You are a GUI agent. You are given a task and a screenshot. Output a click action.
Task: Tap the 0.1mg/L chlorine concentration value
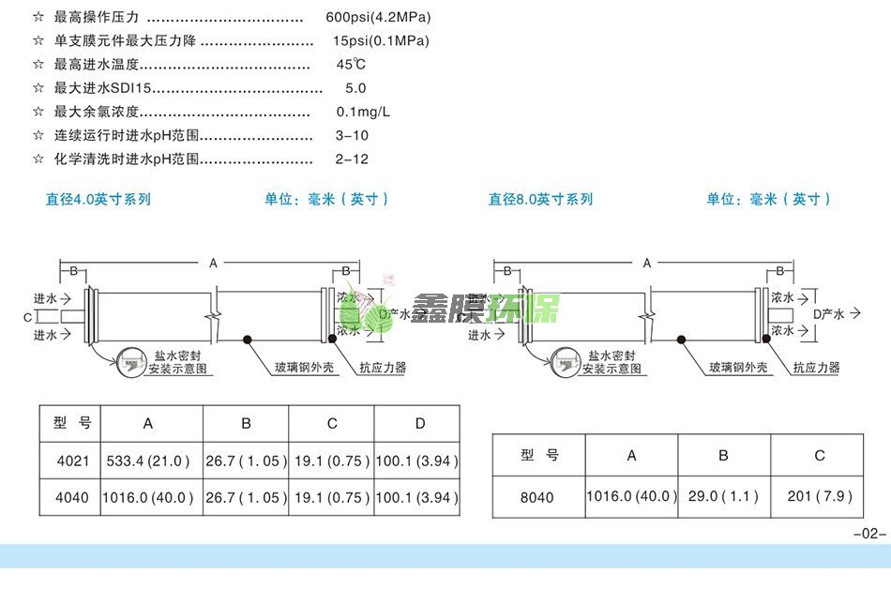click(x=363, y=112)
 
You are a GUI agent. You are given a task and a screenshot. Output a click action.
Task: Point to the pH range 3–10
click(x=352, y=136)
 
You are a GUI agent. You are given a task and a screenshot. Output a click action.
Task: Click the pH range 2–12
click(x=352, y=159)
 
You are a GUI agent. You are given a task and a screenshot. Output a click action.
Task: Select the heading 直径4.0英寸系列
click(x=98, y=199)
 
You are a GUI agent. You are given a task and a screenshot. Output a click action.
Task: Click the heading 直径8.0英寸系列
click(x=540, y=199)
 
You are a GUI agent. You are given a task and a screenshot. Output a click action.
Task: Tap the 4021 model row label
click(x=69, y=461)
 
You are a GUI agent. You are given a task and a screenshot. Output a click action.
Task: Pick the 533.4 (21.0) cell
click(x=150, y=461)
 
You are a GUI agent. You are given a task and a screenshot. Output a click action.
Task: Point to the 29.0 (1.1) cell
click(x=723, y=496)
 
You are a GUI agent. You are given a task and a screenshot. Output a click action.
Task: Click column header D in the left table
click(x=420, y=424)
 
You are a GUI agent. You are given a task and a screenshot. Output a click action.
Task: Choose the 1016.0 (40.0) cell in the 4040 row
click(x=150, y=498)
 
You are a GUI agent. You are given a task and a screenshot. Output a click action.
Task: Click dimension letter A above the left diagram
click(x=214, y=264)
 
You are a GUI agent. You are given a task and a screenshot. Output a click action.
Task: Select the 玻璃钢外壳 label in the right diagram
click(x=738, y=368)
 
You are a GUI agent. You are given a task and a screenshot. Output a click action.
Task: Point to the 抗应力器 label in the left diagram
click(x=384, y=369)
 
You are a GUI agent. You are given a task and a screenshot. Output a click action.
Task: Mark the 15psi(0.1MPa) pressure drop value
click(x=381, y=41)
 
